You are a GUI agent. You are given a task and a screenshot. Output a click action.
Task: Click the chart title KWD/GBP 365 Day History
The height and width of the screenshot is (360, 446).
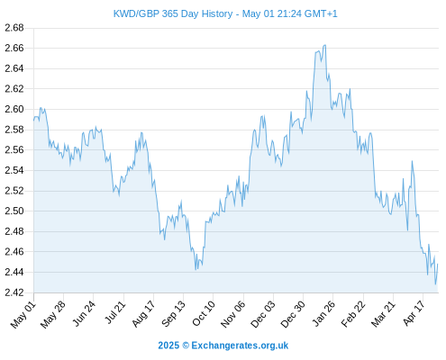click(x=173, y=13)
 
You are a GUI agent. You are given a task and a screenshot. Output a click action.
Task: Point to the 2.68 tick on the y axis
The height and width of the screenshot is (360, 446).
click(x=14, y=28)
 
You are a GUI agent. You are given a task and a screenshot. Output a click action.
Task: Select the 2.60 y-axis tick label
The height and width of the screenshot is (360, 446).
click(x=14, y=109)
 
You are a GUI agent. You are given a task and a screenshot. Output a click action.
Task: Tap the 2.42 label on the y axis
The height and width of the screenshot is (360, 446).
click(x=14, y=292)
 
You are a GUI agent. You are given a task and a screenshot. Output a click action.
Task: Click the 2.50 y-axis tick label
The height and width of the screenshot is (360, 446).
click(x=14, y=211)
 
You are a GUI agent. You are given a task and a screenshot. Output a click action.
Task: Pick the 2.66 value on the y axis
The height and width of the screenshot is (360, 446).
click(x=14, y=48)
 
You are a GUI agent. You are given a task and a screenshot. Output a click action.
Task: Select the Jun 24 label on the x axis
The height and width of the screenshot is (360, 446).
click(x=84, y=313)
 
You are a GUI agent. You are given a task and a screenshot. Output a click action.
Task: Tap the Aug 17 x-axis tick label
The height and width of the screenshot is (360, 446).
click(x=143, y=313)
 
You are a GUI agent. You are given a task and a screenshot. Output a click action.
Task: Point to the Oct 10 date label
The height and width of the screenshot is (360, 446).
click(x=204, y=313)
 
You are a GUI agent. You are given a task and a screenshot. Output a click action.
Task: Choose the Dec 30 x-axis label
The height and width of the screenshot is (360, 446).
click(x=293, y=314)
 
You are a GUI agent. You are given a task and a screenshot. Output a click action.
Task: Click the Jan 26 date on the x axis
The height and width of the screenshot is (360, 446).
click(x=323, y=313)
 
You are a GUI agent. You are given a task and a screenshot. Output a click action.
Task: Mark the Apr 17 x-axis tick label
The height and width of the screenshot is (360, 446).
click(x=414, y=313)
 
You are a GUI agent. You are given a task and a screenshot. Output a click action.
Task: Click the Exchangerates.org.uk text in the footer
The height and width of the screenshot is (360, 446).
click(x=240, y=346)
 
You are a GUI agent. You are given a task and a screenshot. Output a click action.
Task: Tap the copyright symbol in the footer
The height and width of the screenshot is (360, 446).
click(x=186, y=346)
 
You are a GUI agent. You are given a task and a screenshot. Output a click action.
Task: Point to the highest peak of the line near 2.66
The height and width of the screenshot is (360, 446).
click(x=324, y=45)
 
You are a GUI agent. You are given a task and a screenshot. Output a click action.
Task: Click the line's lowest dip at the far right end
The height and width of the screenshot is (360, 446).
click(x=435, y=284)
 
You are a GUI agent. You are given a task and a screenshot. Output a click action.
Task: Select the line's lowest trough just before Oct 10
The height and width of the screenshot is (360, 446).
click(x=196, y=270)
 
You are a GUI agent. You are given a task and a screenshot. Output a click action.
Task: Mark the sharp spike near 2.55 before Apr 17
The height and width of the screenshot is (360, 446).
click(x=412, y=161)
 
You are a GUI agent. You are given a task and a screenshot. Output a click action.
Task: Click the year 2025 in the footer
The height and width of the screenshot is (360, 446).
click(x=168, y=346)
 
